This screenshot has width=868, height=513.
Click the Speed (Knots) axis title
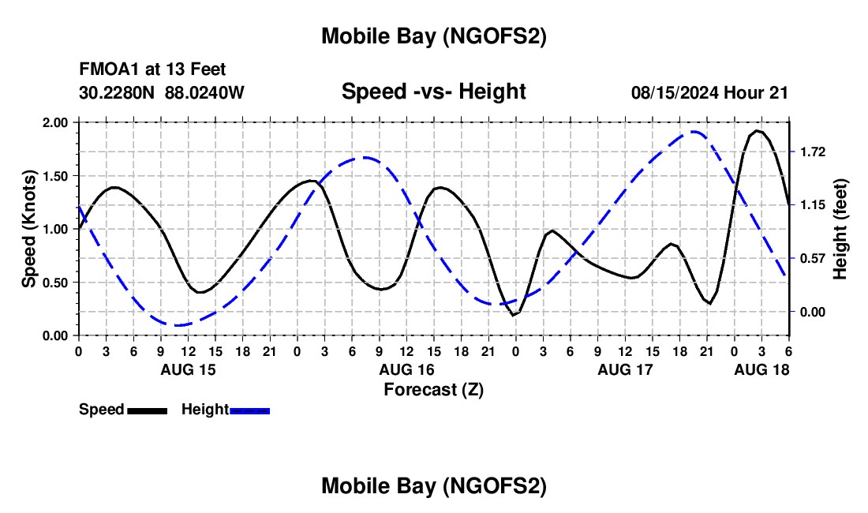click(29, 229)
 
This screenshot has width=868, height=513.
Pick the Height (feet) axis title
click(840, 229)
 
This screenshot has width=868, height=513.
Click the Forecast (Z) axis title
click(433, 389)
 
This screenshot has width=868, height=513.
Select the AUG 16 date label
click(406, 369)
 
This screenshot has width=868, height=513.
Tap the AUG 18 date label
click(761, 369)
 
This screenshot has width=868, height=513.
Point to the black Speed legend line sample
click(147, 410)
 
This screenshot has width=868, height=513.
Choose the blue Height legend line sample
click(249, 410)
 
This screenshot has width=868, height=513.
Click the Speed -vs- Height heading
click(433, 92)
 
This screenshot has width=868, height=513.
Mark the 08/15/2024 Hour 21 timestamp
click(709, 93)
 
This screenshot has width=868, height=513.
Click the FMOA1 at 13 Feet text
click(152, 70)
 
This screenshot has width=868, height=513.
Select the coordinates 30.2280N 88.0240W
click(162, 93)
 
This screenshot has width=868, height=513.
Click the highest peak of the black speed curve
click(757, 131)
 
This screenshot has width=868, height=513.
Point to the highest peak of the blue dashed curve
click(694, 132)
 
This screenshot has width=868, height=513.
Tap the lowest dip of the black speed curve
click(514, 315)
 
